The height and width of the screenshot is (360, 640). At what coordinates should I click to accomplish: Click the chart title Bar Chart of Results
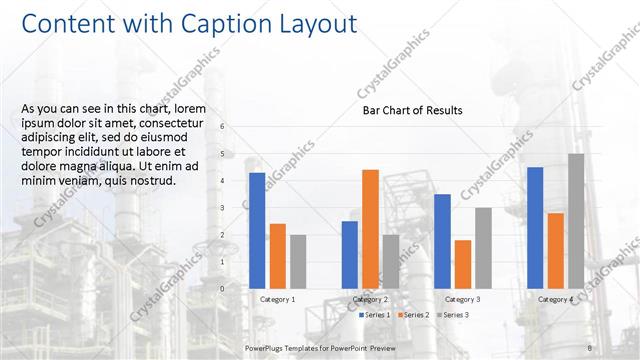tap(412, 111)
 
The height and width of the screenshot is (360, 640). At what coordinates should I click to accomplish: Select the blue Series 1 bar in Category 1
tap(257, 230)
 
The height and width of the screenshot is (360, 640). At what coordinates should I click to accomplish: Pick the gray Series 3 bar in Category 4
tap(576, 221)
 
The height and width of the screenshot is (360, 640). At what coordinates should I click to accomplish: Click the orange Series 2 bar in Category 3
tap(463, 264)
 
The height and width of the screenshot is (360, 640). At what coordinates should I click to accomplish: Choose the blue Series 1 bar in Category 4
tap(535, 227)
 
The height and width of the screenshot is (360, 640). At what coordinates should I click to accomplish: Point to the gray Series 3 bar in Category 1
tap(298, 261)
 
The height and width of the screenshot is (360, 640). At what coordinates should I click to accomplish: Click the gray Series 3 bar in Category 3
tap(483, 248)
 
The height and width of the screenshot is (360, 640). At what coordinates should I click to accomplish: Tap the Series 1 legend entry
tap(376, 315)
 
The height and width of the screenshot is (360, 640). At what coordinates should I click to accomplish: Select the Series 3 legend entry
tap(451, 315)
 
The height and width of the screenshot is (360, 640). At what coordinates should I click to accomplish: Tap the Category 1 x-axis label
tap(277, 299)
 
